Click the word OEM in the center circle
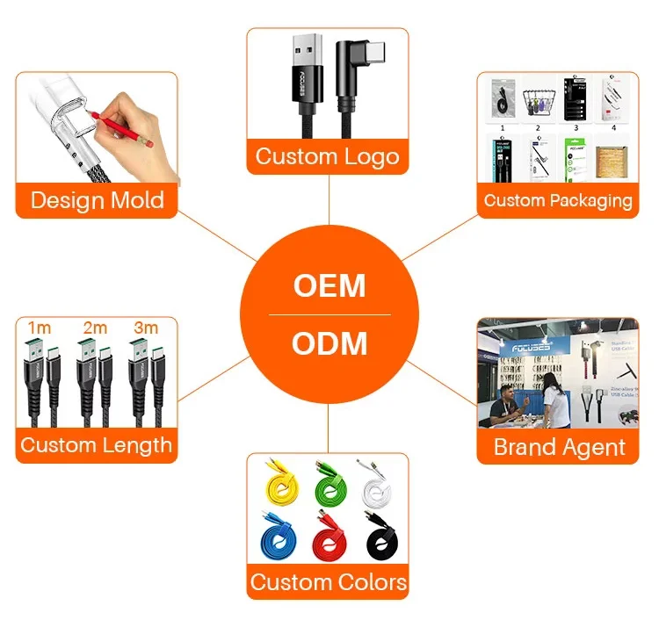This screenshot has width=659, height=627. coord(329,286)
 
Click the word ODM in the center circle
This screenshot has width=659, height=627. coord(329,342)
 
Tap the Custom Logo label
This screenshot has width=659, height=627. coord(327,157)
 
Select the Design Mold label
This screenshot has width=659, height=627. coord(97,199)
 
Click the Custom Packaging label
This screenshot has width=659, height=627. coord(558,200)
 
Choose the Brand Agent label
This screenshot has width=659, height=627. coord(560,447)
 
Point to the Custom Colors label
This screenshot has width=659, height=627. coord(328,581)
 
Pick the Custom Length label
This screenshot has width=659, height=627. coord(96,444)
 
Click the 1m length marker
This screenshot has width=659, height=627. coord(40,328)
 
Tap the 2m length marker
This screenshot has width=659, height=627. coord(94,328)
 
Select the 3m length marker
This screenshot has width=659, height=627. coord(146,328)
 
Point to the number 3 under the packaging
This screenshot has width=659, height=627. coord(576,127)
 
